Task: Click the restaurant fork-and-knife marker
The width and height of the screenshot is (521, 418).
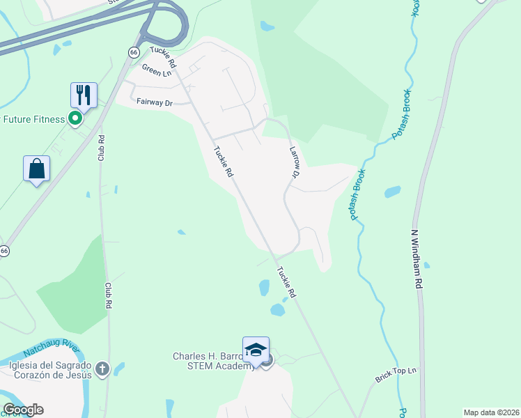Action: (x=84, y=95)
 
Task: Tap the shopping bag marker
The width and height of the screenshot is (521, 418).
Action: (x=36, y=169)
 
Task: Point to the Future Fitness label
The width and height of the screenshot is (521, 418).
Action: (x=33, y=119)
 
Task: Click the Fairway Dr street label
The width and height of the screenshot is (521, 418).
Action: (x=154, y=102)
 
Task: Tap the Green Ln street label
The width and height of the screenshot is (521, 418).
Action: (x=157, y=70)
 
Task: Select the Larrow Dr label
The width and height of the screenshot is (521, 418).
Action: (x=293, y=160)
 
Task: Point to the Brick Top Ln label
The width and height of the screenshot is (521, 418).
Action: (x=395, y=376)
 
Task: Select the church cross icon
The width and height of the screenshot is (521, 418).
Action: (x=102, y=369)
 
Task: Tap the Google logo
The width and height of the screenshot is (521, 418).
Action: (x=22, y=410)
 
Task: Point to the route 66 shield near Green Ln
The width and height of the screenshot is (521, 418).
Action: (x=134, y=52)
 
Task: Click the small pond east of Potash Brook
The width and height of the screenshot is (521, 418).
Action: (x=392, y=192)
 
